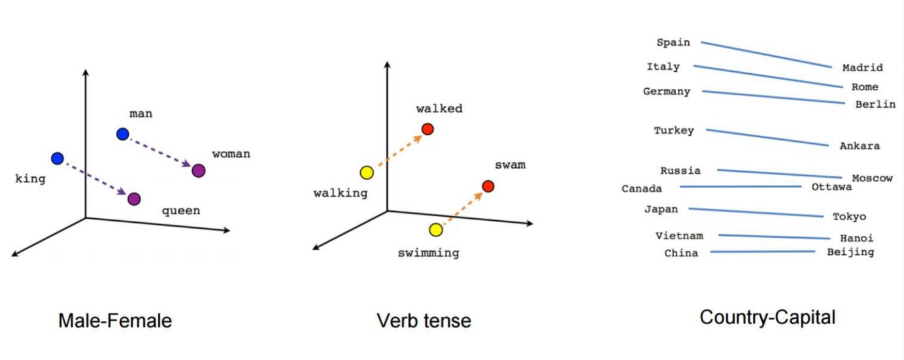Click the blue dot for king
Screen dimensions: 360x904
(57, 158)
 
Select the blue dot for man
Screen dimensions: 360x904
(122, 134)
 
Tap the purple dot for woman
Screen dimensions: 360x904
(199, 171)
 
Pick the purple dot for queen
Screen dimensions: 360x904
(134, 199)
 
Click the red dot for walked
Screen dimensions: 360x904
(427, 129)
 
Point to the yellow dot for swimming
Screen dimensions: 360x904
(436, 229)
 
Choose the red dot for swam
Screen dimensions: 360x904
(488, 186)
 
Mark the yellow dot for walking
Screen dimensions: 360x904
(367, 172)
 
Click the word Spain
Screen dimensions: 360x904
(673, 42)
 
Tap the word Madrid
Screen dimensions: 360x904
(862, 67)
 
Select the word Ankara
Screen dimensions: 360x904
(860, 146)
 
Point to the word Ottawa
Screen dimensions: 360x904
(831, 187)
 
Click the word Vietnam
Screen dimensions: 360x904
(679, 236)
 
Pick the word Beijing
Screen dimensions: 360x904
(850, 252)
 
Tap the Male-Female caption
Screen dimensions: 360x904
(115, 321)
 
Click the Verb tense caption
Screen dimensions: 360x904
(424, 321)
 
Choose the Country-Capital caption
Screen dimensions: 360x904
(767, 318)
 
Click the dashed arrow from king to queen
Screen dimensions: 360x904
(95, 178)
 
